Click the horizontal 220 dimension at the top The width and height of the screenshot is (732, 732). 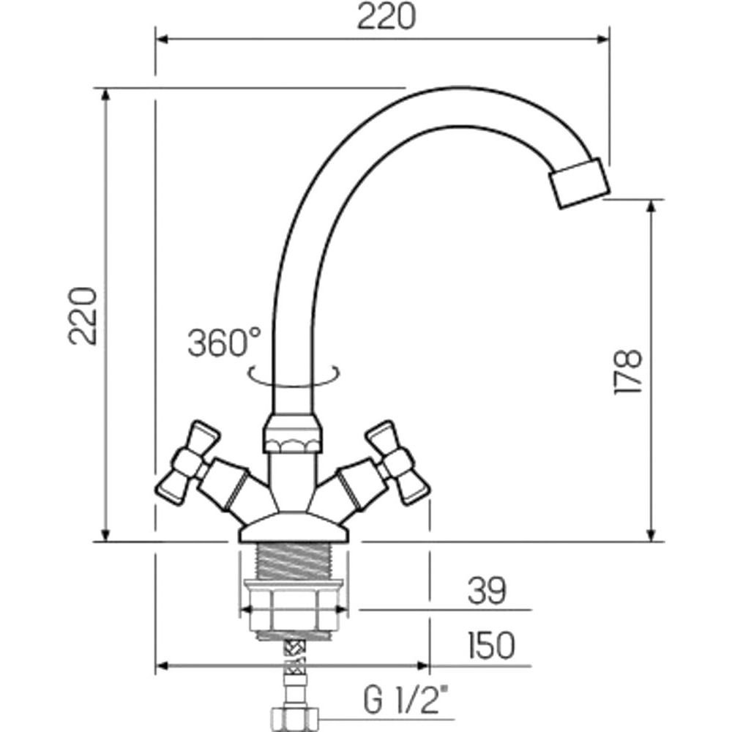click(x=386, y=17)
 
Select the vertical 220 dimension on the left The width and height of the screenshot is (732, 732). click(x=83, y=316)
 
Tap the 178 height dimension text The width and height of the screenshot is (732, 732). click(x=628, y=371)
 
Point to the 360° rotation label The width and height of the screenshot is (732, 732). click(x=223, y=343)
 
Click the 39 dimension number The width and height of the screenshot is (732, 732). click(x=487, y=591)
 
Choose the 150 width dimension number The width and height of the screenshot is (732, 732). click(x=491, y=646)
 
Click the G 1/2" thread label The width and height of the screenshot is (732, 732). click(x=406, y=700)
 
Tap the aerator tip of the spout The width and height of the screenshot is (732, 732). click(x=579, y=183)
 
